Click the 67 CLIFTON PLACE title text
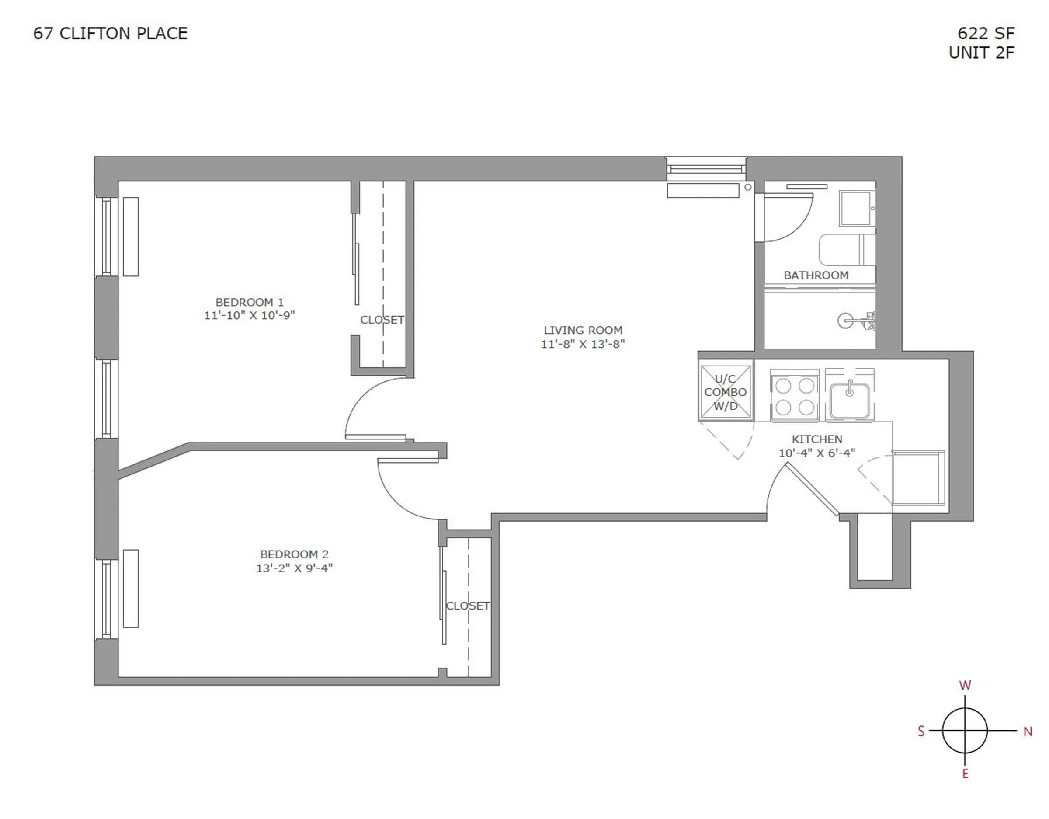(x=110, y=34)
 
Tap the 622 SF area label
(x=986, y=34)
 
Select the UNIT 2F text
(x=981, y=52)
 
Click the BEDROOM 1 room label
(x=249, y=302)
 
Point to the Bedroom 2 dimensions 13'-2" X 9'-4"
(x=294, y=568)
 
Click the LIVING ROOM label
(x=583, y=330)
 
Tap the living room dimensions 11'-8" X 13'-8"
(x=583, y=344)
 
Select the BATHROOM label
(x=816, y=275)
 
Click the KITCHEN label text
(x=816, y=439)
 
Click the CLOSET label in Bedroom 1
(x=382, y=320)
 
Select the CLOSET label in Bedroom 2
(x=467, y=606)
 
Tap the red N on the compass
(x=1028, y=732)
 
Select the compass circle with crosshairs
(x=965, y=731)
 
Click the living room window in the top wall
(x=705, y=169)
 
